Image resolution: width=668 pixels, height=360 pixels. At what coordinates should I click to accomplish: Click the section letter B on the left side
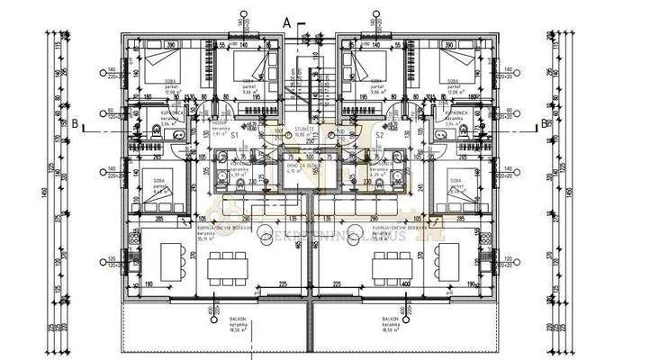tap(76, 125)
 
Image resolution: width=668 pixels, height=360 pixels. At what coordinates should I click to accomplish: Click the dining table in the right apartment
tap(392, 266)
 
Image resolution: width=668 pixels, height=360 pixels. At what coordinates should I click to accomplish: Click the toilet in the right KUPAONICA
tap(465, 132)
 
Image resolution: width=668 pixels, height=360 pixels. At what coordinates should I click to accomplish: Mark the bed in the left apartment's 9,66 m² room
tap(246, 68)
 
